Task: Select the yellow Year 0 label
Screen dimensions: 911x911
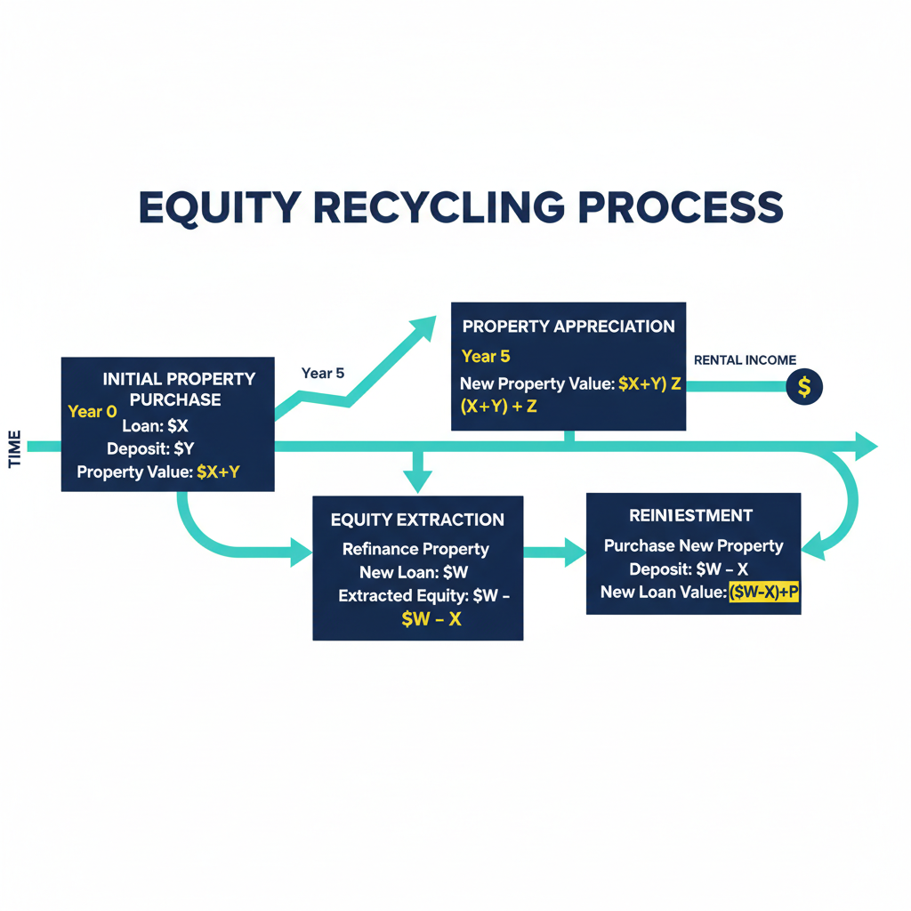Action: (x=92, y=412)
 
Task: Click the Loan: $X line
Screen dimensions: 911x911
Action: (x=155, y=426)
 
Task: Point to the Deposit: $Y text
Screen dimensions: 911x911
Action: (x=149, y=448)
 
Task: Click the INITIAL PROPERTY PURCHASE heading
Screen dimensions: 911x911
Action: (x=178, y=389)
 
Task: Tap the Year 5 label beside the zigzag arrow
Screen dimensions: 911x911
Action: (x=322, y=373)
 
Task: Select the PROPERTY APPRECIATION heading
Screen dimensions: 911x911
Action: (x=568, y=327)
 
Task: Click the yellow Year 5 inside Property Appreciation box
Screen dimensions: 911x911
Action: (x=486, y=357)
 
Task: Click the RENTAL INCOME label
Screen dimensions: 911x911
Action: (x=744, y=360)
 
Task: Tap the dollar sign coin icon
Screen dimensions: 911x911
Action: (x=804, y=387)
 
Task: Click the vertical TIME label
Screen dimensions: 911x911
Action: (x=14, y=450)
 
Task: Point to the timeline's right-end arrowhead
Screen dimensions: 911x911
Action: (x=865, y=445)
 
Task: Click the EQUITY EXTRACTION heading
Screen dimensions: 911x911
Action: (x=417, y=520)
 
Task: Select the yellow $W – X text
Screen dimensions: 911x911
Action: (x=431, y=619)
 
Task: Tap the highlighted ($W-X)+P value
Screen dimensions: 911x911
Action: (x=763, y=593)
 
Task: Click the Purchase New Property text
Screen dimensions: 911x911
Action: (x=693, y=545)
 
